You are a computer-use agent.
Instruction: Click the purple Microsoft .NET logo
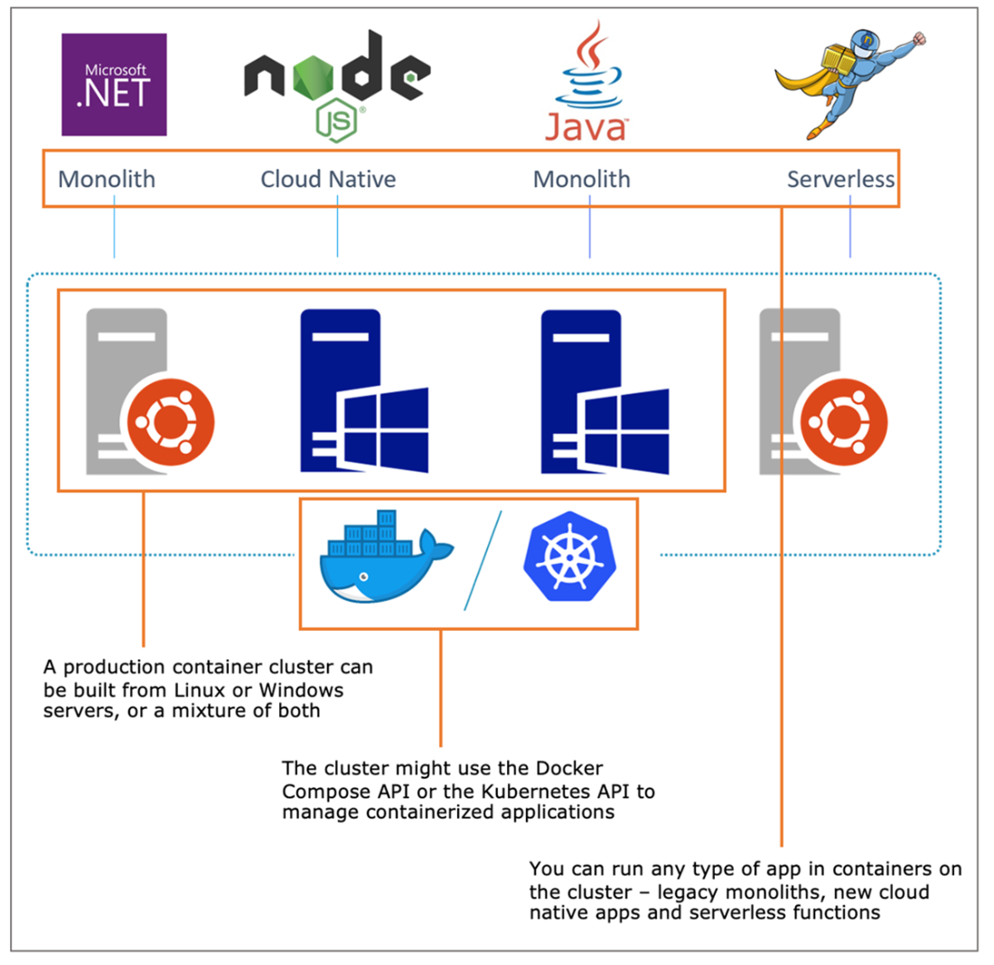pyautogui.click(x=114, y=84)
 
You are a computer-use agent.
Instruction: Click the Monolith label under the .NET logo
pyautogui.click(x=107, y=179)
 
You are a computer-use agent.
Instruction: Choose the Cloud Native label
pyautogui.click(x=328, y=179)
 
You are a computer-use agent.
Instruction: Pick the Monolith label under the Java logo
pyautogui.click(x=582, y=179)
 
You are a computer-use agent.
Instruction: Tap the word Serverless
pyautogui.click(x=840, y=179)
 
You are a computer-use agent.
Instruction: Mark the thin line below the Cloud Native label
pyautogui.click(x=337, y=230)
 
